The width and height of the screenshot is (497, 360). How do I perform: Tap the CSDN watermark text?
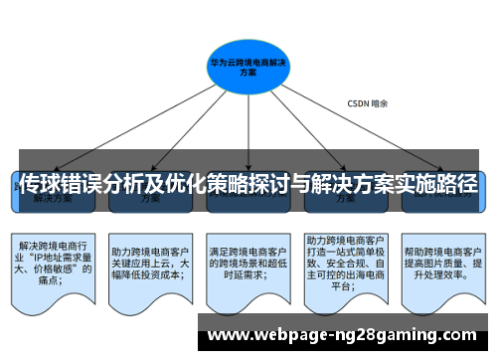[367, 102]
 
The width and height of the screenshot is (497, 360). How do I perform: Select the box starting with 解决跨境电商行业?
[55, 262]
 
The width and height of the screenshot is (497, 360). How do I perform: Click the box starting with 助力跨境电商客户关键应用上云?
[150, 262]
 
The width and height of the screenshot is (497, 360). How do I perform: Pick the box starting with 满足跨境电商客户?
[248, 262]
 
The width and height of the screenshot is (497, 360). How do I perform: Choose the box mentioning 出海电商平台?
[345, 263]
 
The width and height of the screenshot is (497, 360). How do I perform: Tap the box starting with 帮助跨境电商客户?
[442, 262]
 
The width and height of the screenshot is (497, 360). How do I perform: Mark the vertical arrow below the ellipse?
[248, 129]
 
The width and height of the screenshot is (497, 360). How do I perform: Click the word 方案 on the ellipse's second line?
[248, 73]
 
